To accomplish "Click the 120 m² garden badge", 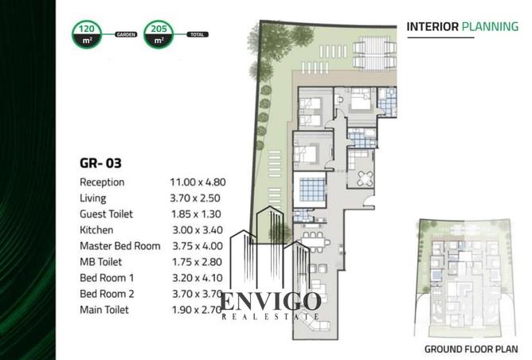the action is point(87,34).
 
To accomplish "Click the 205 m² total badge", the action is point(158,34).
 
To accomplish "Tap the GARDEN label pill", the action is point(126,34).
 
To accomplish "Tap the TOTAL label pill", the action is point(198,34).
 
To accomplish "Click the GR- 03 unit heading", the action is point(100,163).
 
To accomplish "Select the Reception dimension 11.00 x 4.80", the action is point(198,182).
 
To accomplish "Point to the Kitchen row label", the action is point(96,230).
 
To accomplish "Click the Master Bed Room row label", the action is point(120,246).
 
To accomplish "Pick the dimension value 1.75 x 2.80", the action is point(197,262).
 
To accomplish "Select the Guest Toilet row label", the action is point(106,214).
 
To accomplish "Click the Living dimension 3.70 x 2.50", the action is point(195,198).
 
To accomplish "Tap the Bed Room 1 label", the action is point(107,278).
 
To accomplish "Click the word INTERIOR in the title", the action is point(432,26).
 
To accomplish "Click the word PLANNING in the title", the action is point(491,26).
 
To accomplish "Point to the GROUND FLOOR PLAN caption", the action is point(471,349).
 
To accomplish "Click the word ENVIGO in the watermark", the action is point(271,301).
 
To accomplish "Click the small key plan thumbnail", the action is point(465,278).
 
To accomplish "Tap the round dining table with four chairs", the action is point(365,178).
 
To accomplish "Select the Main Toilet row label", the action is point(104,310).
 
